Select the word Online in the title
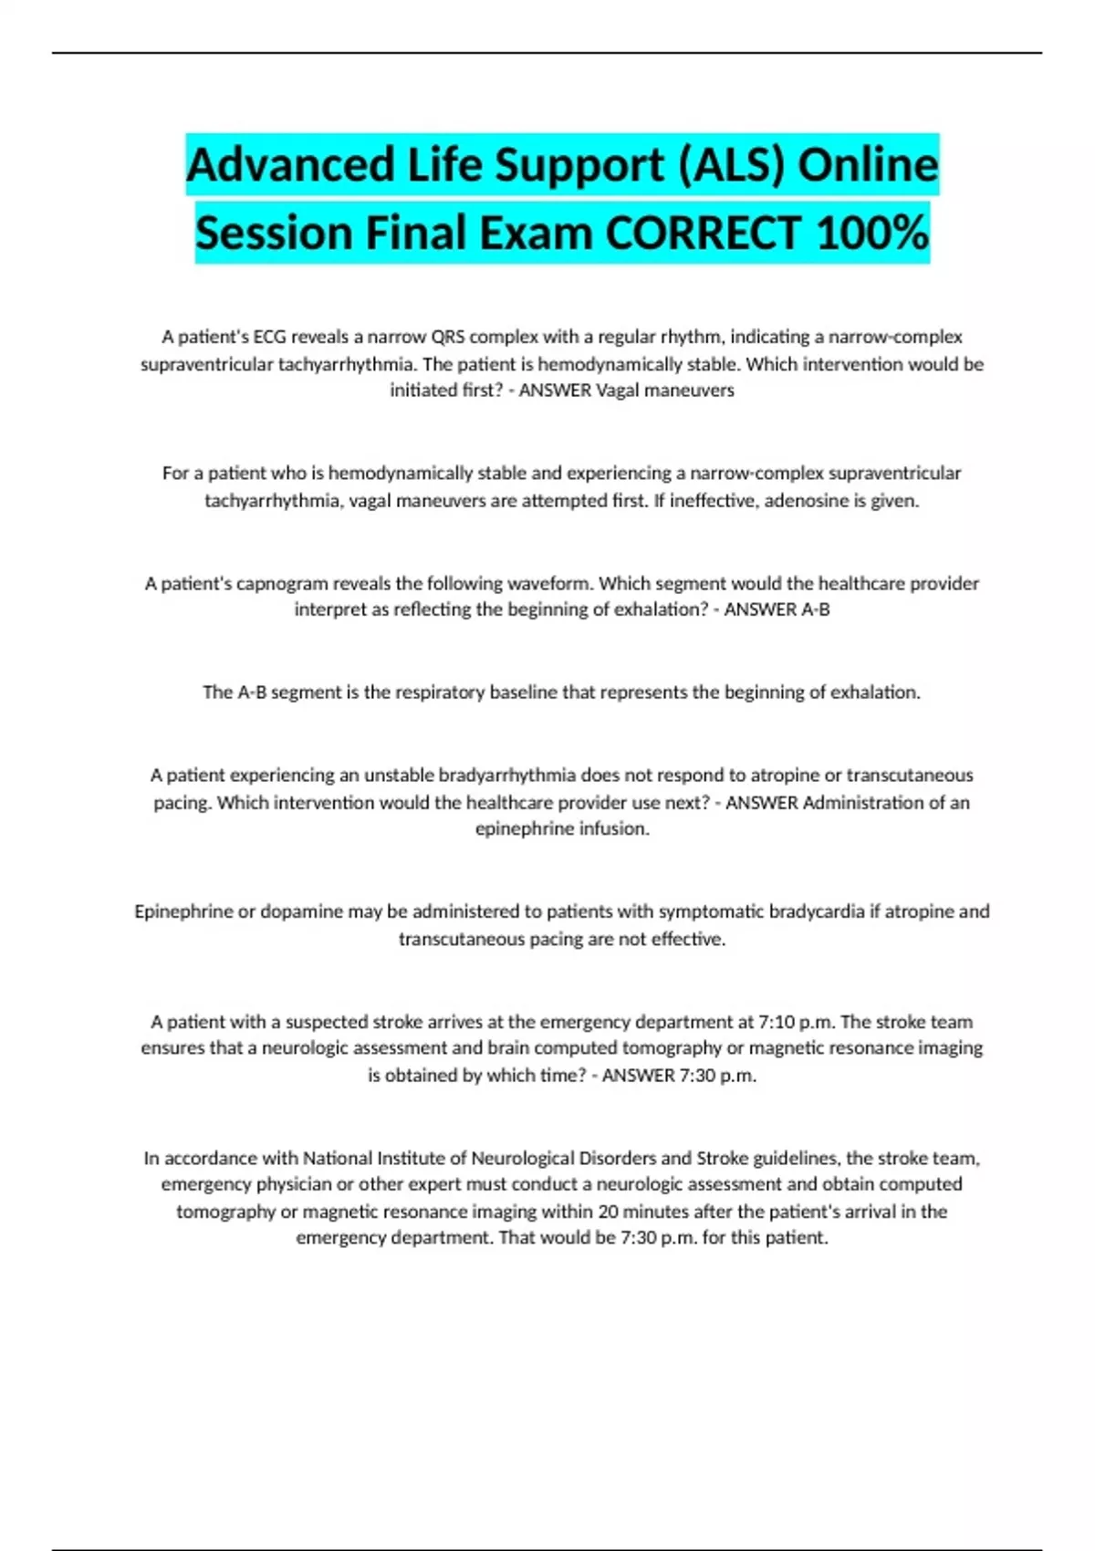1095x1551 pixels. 868,166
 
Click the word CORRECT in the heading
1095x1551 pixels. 703,234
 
